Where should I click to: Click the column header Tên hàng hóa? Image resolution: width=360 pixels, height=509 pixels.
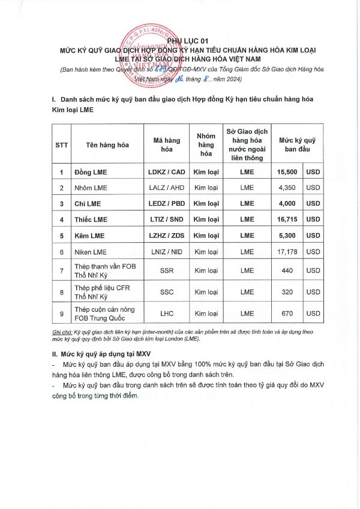pos(107,144)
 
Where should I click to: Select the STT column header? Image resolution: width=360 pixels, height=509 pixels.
pos(62,144)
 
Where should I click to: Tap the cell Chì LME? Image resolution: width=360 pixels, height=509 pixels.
pos(87,203)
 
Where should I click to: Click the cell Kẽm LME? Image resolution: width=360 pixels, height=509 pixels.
pos(89,236)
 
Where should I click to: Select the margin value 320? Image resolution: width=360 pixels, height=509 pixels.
pos(287,292)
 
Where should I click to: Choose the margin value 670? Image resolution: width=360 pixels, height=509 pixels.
pos(287,314)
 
